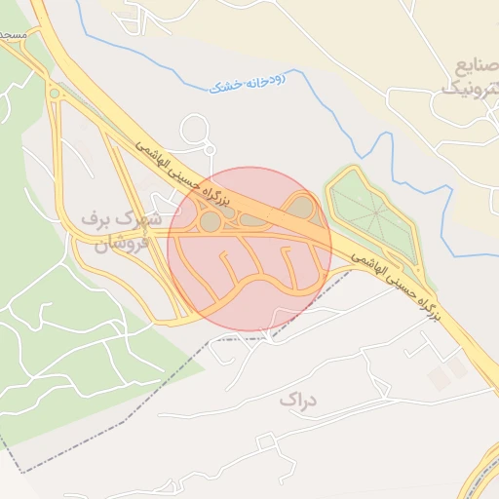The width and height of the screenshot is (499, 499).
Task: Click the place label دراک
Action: coord(298,399)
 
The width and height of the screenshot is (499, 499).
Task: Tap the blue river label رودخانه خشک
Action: coord(247,84)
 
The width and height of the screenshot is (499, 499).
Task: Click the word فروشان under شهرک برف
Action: coord(121,243)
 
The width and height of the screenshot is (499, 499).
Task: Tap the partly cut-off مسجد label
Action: coord(12,34)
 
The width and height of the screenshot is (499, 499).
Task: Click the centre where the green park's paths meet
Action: coord(375,214)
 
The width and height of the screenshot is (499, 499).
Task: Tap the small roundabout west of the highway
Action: coord(55,95)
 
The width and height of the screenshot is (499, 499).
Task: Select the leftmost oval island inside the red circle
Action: coord(210,223)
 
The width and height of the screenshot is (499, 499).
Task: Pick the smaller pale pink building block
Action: coord(438,380)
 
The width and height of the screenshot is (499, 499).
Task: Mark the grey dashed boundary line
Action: coord(107,409)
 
